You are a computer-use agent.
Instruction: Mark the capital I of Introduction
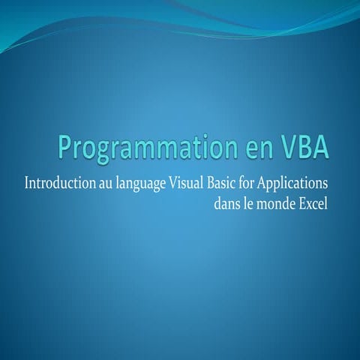(28, 183)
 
